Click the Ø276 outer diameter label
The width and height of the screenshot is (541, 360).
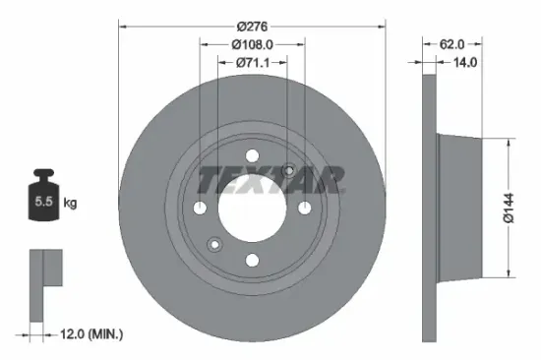tap(252, 26)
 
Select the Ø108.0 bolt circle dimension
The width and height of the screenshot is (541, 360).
tap(252, 44)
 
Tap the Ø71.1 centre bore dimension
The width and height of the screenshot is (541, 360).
tap(252, 64)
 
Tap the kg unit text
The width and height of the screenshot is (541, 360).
tap(70, 204)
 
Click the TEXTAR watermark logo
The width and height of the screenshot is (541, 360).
tap(271, 180)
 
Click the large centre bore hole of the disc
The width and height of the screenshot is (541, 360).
tap(252, 209)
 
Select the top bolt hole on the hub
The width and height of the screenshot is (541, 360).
tap(252, 155)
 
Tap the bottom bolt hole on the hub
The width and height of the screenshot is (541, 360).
tap(252, 260)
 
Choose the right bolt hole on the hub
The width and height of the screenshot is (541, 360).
tap(304, 208)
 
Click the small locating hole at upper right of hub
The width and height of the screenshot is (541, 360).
tap(289, 170)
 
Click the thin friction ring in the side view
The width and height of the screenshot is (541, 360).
tap(428, 209)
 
